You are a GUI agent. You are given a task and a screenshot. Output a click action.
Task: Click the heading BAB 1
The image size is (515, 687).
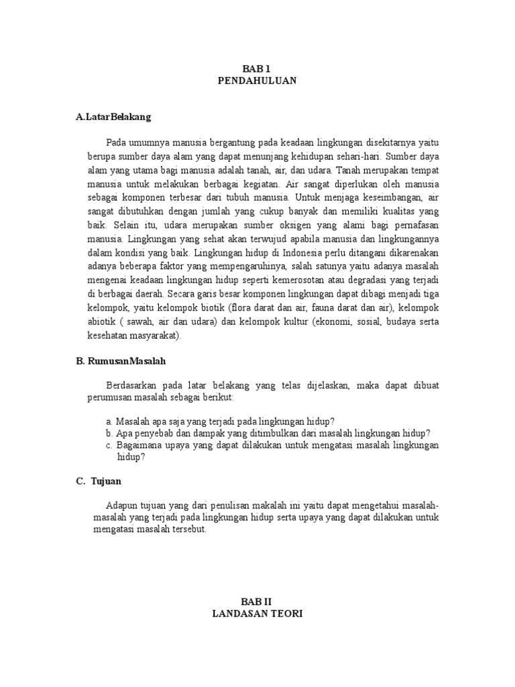pyautogui.click(x=257, y=68)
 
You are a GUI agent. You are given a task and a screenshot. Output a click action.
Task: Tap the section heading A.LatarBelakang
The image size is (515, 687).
pyautogui.click(x=113, y=117)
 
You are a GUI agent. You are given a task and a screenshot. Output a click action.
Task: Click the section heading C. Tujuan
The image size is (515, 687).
pyautogui.click(x=99, y=481)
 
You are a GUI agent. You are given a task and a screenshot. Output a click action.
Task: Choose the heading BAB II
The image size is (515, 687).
pyautogui.click(x=257, y=602)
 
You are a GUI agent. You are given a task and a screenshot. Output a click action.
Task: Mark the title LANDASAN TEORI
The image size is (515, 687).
pyautogui.click(x=257, y=614)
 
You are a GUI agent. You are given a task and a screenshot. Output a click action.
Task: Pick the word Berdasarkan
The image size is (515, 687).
pyautogui.click(x=135, y=386)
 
